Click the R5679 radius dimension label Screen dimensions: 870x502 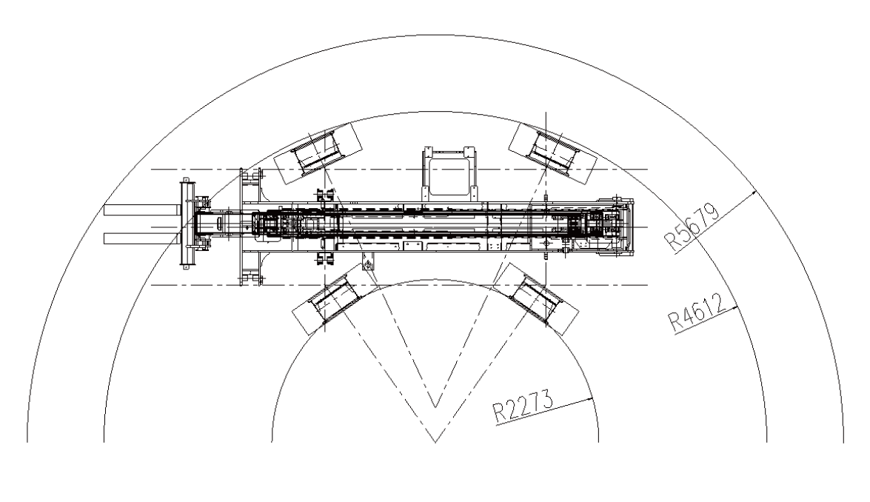pos(692,227)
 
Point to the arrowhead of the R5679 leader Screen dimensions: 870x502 pos(754,192)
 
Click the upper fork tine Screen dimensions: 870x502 pos(141,210)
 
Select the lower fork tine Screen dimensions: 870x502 pos(141,238)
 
